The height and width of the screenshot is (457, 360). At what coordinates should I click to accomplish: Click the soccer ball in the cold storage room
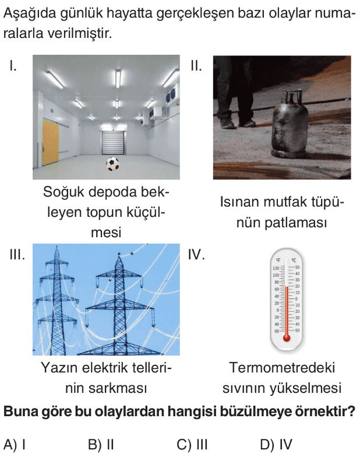click(113, 164)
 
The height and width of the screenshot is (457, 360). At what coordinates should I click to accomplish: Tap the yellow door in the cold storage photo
click(50, 142)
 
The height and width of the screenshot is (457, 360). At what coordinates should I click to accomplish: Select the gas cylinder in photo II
click(289, 125)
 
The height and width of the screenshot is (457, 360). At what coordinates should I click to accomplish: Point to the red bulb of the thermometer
click(287, 338)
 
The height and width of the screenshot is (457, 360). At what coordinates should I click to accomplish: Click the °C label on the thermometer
click(294, 260)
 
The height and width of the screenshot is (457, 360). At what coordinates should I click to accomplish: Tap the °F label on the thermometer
click(278, 260)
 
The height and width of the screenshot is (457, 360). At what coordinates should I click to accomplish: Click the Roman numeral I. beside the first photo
click(13, 66)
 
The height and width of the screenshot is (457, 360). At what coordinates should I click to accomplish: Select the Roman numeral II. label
click(196, 66)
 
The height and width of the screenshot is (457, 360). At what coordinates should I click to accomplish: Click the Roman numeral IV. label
click(196, 255)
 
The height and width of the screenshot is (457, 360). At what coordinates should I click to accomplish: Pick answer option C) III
click(192, 445)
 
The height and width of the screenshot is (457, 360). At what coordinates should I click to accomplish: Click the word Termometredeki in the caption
click(282, 368)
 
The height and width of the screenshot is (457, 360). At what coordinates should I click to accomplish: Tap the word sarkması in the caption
click(118, 388)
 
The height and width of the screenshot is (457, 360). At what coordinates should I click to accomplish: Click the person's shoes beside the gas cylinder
click(237, 124)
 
